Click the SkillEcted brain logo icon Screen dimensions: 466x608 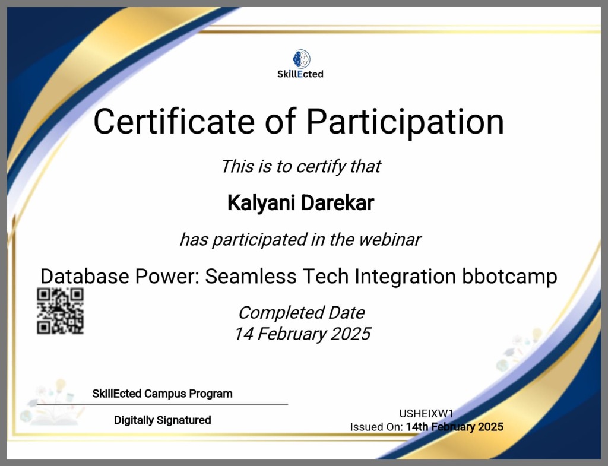click(x=301, y=58)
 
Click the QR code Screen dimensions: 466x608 click(x=60, y=310)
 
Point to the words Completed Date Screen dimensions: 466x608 click(x=301, y=312)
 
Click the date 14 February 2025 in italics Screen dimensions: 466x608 click(x=302, y=334)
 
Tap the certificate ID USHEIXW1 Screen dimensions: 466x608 click(x=426, y=414)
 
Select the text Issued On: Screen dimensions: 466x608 click(x=376, y=427)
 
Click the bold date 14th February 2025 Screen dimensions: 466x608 click(x=454, y=427)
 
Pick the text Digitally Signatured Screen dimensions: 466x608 click(x=162, y=420)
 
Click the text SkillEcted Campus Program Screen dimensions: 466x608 click(x=162, y=394)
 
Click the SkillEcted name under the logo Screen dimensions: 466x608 click(x=300, y=74)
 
